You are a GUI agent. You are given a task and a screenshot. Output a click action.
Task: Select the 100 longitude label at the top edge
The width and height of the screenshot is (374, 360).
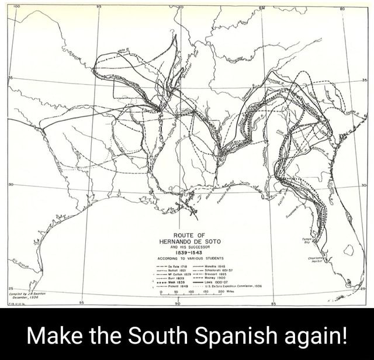[16, 4]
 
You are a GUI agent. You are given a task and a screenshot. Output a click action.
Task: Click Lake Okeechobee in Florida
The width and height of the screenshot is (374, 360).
[349, 250]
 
